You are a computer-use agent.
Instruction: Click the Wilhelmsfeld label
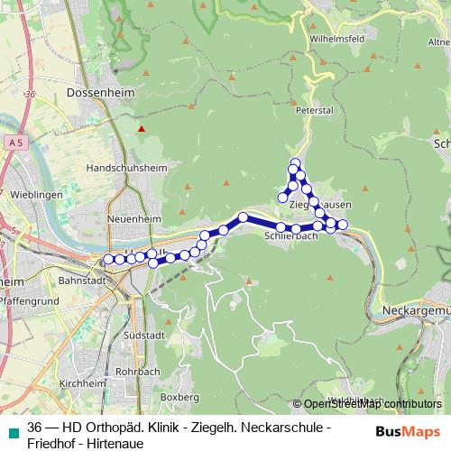tap(336, 40)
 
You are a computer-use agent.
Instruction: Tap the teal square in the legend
tap(14, 427)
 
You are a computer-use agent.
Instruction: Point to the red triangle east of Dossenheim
tap(141, 129)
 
